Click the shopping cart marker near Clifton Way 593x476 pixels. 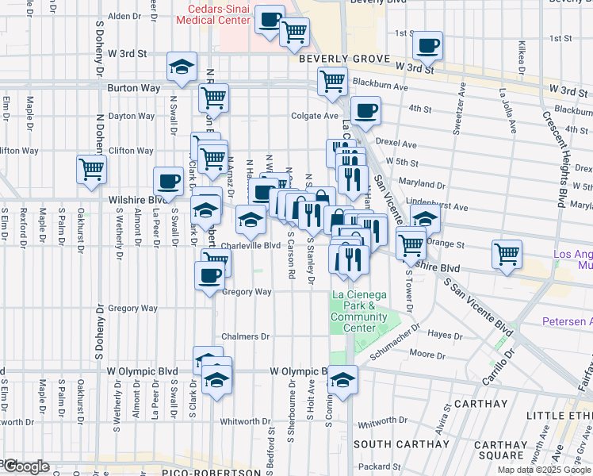click(x=91, y=168)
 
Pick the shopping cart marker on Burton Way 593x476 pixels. click(x=213, y=98)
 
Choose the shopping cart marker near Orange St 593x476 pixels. click(x=410, y=244)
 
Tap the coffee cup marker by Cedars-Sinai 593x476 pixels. click(x=270, y=17)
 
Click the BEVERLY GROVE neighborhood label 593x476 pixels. click(x=344, y=59)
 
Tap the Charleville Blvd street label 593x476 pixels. click(x=251, y=246)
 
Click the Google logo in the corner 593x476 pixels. click(x=25, y=466)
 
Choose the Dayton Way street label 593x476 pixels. click(x=131, y=116)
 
